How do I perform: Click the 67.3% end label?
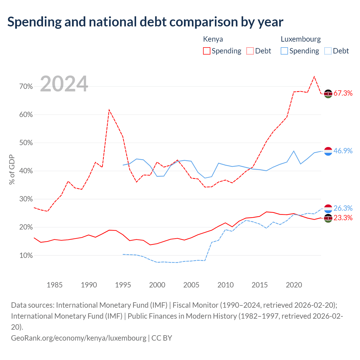pyautogui.click(x=343, y=93)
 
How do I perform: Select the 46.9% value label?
pyautogui.click(x=343, y=150)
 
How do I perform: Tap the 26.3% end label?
pyautogui.click(x=343, y=208)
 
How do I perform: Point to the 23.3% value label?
pyautogui.click(x=343, y=218)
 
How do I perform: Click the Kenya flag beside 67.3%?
pyautogui.click(x=328, y=94)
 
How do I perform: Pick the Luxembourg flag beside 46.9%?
pyautogui.click(x=328, y=151)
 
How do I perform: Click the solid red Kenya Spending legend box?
pyautogui.click(x=207, y=51)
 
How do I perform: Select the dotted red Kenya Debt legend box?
pyautogui.click(x=250, y=51)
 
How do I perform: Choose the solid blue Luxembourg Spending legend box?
pyautogui.click(x=284, y=51)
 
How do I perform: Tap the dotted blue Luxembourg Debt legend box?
pyautogui.click(x=328, y=51)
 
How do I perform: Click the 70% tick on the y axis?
pyautogui.click(x=26, y=87)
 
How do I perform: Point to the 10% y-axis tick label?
pyautogui.click(x=26, y=255)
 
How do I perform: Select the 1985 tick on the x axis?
pyautogui.click(x=55, y=285)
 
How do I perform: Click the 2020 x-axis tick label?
pyautogui.click(x=294, y=285)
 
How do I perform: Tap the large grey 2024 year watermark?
pyautogui.click(x=64, y=84)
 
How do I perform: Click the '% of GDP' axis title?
pyautogui.click(x=12, y=169)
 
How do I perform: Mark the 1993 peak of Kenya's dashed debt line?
pyautogui.click(x=109, y=110)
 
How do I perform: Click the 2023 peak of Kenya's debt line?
pyautogui.click(x=314, y=76)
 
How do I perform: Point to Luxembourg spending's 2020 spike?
pyautogui.click(x=294, y=151)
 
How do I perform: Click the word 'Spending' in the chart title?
pyautogui.click(x=35, y=22)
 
